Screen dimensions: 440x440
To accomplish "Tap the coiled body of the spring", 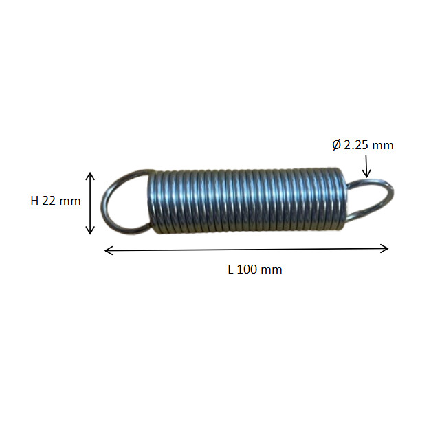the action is click(x=246, y=201).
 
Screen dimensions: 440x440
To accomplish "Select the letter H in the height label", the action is click(x=34, y=201).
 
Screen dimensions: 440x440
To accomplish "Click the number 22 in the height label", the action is click(x=49, y=201).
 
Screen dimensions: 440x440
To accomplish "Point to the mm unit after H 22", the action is click(x=70, y=202).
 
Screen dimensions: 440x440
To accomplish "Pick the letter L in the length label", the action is click(x=230, y=269).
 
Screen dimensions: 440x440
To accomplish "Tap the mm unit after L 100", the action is click(x=272, y=270).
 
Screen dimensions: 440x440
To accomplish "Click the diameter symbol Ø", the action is click(x=337, y=145).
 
